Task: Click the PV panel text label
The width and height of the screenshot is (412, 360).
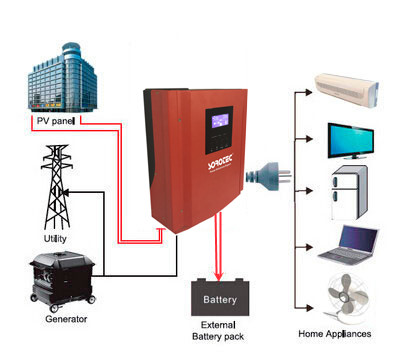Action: point(56,121)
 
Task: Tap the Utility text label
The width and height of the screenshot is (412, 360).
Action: point(55,238)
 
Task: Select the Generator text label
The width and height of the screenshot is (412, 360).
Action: point(66,319)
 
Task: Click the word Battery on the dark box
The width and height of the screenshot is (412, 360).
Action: point(220,300)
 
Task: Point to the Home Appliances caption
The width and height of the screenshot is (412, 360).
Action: point(335,334)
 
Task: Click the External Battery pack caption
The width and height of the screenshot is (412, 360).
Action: point(218,331)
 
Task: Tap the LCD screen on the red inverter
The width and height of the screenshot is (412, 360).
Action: point(220,121)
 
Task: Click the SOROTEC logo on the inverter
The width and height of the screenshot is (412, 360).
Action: point(220,161)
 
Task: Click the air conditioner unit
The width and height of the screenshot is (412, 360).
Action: point(347,91)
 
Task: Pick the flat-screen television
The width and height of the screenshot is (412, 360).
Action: point(351,141)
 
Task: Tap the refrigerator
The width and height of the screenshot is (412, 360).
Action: point(349,193)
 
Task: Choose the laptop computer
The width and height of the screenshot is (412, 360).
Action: point(348,245)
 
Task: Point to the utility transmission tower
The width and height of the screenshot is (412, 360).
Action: point(57,187)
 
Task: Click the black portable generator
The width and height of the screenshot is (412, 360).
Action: point(63,281)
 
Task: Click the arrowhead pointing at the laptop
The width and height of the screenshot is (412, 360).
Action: point(309,247)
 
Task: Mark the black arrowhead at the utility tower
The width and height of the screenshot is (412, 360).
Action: point(66,192)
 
